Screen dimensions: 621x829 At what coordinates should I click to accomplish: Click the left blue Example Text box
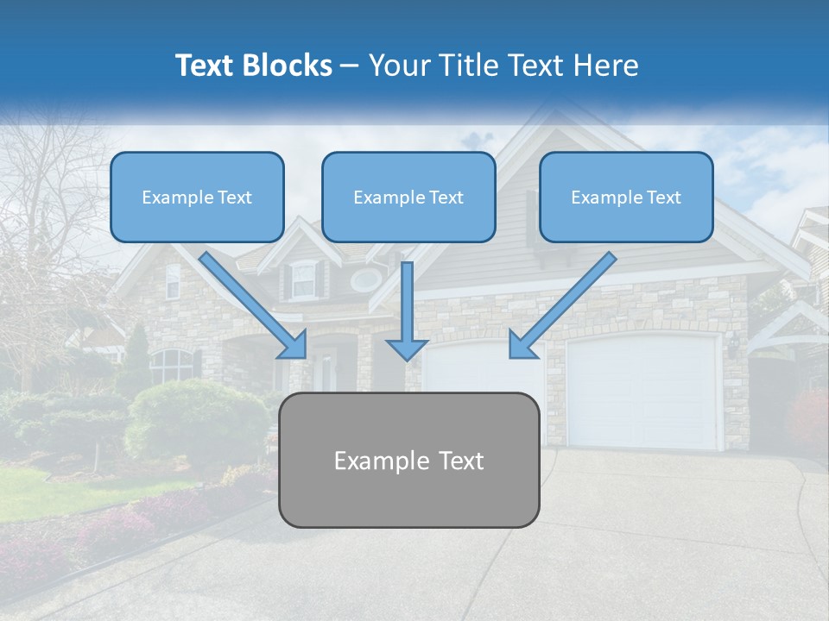coord(197,197)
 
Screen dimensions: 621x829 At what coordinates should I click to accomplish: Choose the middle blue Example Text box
coord(408,197)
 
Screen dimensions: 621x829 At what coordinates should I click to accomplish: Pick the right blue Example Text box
coord(626,197)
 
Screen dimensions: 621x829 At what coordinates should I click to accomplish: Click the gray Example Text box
coord(408,460)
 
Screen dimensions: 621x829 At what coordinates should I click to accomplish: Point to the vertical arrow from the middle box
coord(407,310)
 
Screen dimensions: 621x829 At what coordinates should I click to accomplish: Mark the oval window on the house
coord(366,279)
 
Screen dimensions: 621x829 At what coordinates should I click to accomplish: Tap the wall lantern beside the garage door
coord(733,344)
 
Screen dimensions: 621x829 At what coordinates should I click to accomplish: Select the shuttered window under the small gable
coord(303,279)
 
